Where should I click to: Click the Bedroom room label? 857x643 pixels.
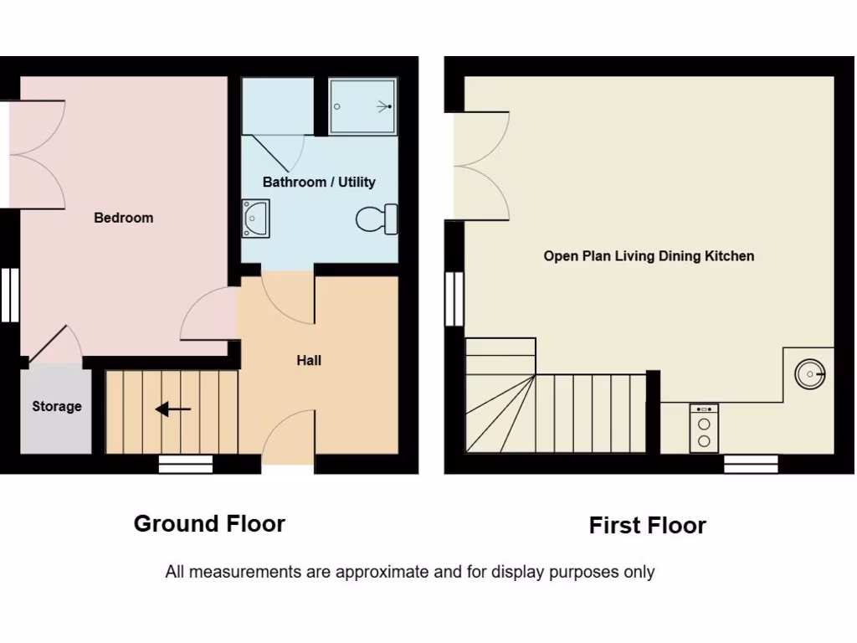click(123, 218)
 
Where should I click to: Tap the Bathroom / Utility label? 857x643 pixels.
click(319, 182)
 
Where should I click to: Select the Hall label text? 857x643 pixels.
click(309, 361)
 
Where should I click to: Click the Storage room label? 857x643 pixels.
click(57, 406)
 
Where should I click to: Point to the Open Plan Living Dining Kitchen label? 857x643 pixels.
click(649, 256)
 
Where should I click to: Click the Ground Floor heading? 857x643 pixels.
click(209, 524)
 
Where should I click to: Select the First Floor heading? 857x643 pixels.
click(647, 526)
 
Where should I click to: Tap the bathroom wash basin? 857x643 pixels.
click(255, 218)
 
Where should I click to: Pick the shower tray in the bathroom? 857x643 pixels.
click(362, 106)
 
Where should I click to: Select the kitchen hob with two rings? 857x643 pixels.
click(704, 428)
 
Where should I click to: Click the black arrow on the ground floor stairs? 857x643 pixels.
click(173, 409)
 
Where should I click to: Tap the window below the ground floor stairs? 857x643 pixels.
click(185, 465)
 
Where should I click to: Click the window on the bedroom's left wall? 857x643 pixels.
click(9, 294)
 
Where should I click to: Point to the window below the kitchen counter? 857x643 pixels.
click(750, 465)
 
